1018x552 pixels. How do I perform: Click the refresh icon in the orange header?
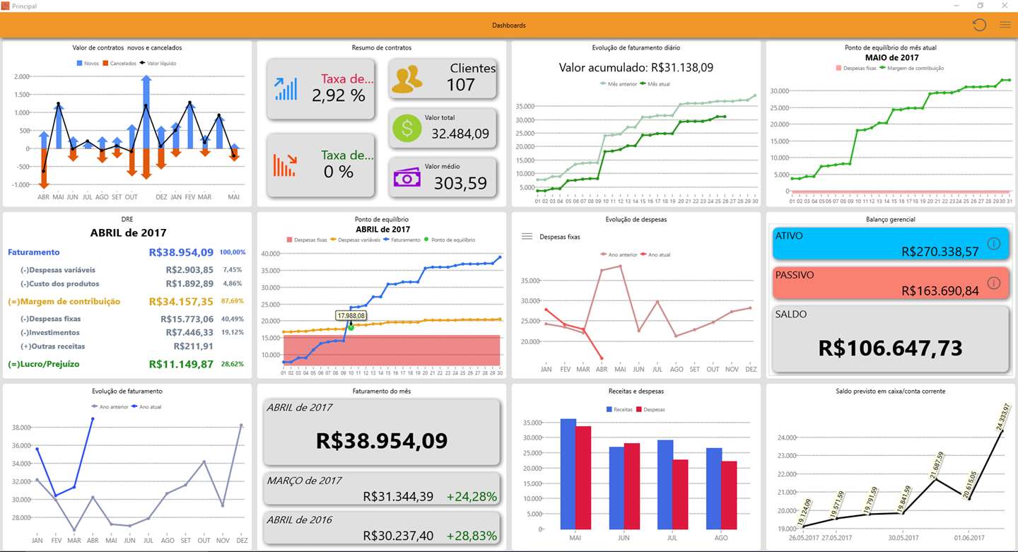[979, 25]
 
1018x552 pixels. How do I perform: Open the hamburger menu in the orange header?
[1005, 25]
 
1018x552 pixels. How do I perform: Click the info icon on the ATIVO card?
[993, 244]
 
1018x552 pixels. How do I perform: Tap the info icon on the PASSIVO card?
[993, 283]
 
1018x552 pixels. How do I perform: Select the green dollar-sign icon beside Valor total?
[406, 129]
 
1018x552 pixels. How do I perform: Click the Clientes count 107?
[460, 85]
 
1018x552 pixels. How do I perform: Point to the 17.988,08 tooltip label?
[351, 315]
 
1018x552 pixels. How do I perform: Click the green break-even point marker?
[351, 327]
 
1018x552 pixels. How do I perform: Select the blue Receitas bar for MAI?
[568, 474]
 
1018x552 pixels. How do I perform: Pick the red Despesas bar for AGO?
[728, 495]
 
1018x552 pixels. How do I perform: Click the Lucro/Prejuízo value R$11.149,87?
[181, 364]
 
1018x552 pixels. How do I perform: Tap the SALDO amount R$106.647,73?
[890, 348]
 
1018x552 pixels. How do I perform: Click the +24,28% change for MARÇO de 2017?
[472, 497]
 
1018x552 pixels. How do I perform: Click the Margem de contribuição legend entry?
[918, 68]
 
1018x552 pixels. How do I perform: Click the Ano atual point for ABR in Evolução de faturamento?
[93, 418]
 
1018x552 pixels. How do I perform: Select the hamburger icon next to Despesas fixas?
[527, 237]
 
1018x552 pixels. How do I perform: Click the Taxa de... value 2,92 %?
[339, 95]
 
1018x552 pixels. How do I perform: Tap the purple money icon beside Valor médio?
[406, 177]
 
